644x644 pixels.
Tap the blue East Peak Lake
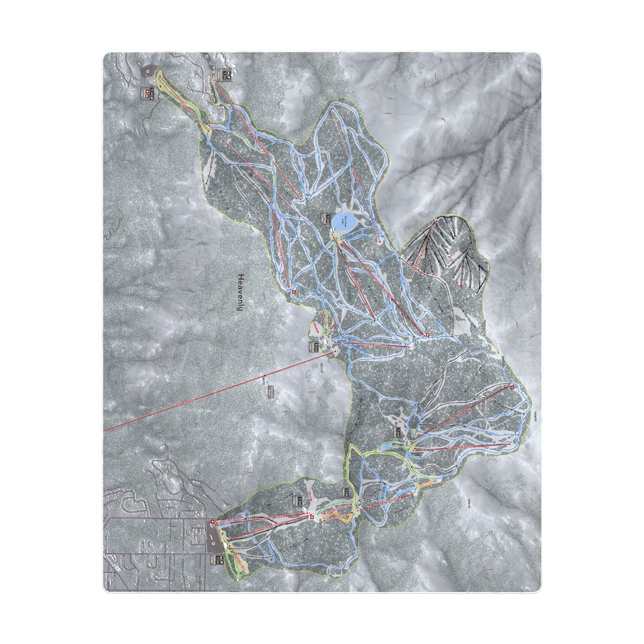343,222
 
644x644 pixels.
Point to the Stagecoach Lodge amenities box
227,74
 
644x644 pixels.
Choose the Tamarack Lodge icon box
315,346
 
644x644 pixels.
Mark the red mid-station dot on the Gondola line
265,376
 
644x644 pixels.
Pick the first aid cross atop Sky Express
511,387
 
